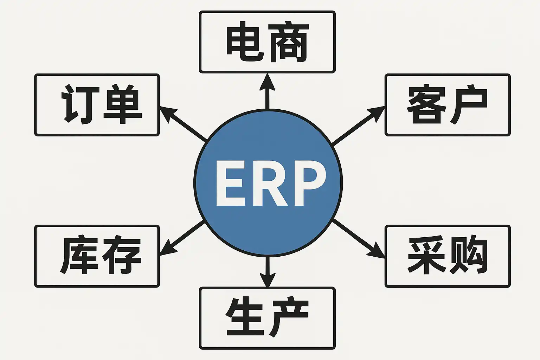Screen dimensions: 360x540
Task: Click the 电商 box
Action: coord(267,42)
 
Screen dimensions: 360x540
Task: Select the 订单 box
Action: coord(97,105)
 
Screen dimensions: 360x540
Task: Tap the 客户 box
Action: coord(447,105)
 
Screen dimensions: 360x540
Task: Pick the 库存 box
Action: coord(97,256)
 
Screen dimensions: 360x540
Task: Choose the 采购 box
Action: coord(447,256)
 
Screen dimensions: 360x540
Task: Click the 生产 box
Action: coord(267,318)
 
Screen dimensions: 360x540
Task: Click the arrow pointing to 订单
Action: coord(183,124)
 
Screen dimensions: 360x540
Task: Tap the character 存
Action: coord(120,256)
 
